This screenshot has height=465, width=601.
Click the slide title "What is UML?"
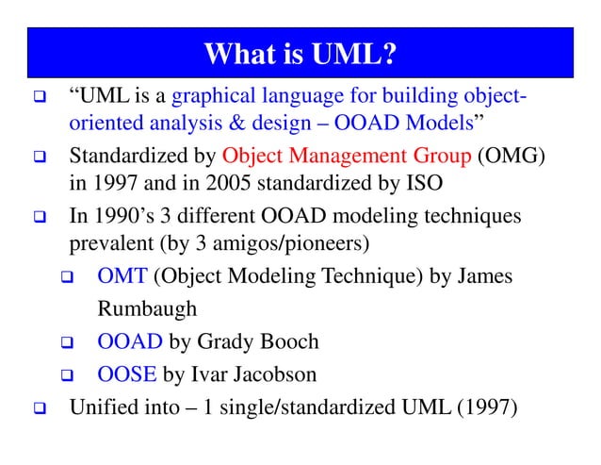[x=300, y=53]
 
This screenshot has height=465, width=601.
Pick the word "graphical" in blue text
[x=212, y=96]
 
